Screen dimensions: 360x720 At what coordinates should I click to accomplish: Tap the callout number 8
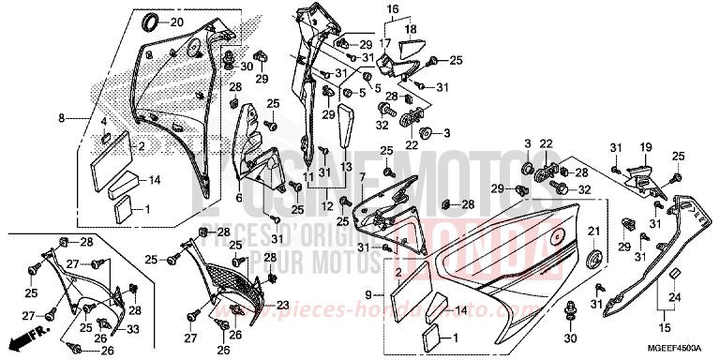tap(62, 119)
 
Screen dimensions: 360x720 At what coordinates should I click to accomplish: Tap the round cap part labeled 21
tap(592, 260)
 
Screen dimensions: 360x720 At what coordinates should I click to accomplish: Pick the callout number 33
tap(132, 328)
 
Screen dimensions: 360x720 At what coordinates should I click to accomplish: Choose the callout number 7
tap(361, 176)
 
